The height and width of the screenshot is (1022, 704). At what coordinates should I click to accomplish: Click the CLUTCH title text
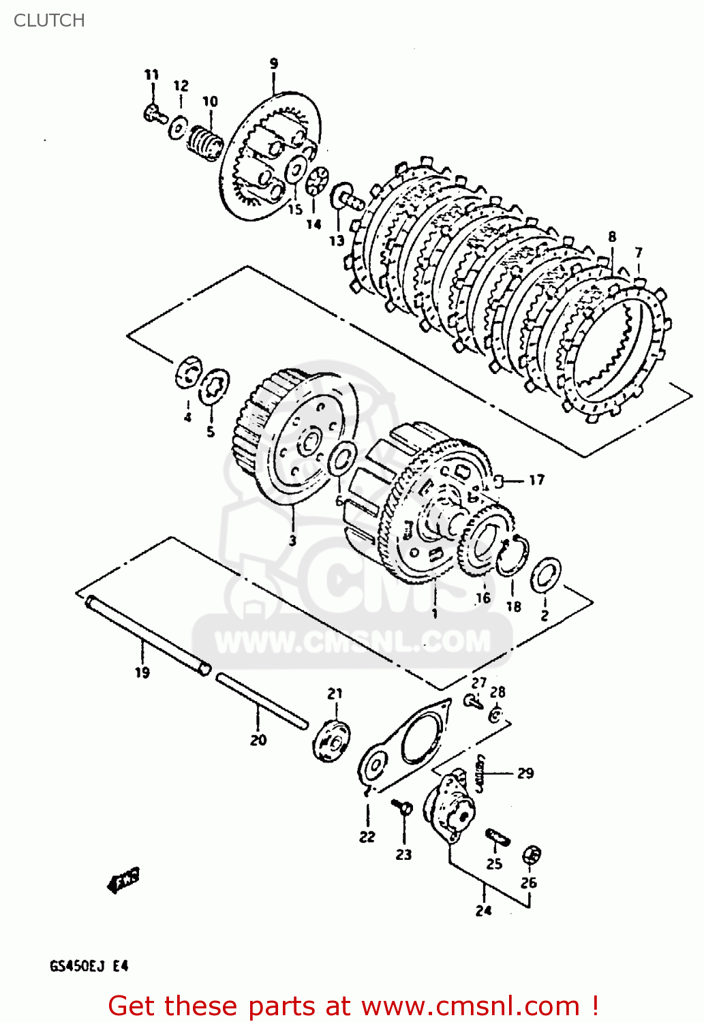click(49, 20)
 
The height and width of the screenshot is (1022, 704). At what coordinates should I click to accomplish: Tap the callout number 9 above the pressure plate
click(273, 64)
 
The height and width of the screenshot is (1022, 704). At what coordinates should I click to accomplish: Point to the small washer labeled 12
click(179, 127)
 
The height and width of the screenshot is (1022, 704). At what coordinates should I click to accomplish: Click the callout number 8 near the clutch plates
click(612, 237)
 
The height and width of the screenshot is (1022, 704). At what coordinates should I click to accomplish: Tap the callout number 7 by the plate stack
click(639, 253)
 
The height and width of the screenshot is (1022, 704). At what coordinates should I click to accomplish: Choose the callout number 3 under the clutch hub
click(292, 540)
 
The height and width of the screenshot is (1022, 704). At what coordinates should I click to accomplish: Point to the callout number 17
click(537, 480)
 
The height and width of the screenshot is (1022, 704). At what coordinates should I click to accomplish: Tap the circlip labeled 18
click(512, 556)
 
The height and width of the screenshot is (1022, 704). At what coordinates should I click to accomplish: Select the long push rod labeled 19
click(147, 634)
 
